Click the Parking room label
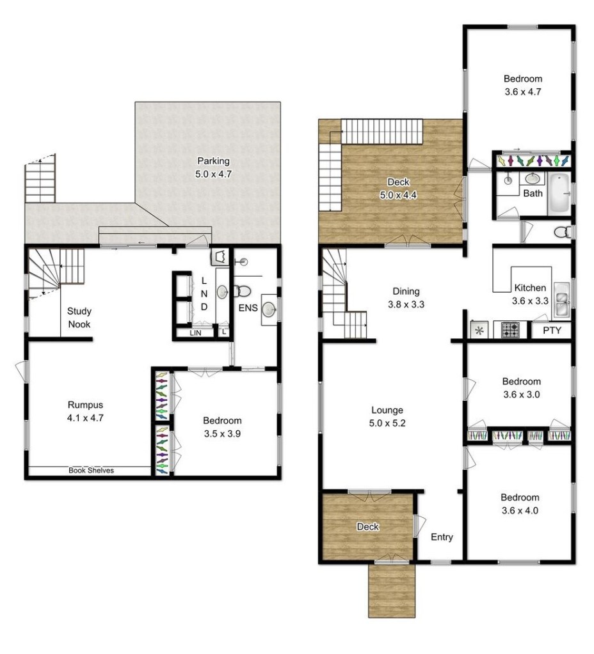click(213, 167)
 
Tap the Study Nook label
click(79, 317)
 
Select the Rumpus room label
click(85, 411)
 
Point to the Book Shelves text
click(91, 470)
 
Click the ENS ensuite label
click(248, 308)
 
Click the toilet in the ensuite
click(242, 291)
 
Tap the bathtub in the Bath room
click(559, 194)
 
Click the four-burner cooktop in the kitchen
click(510, 330)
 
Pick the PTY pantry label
click(552, 331)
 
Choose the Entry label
click(442, 537)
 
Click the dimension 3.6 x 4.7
click(522, 92)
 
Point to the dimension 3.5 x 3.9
click(222, 434)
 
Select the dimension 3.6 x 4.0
click(520, 511)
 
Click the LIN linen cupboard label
click(195, 333)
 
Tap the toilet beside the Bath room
click(563, 232)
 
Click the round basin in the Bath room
click(532, 178)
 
